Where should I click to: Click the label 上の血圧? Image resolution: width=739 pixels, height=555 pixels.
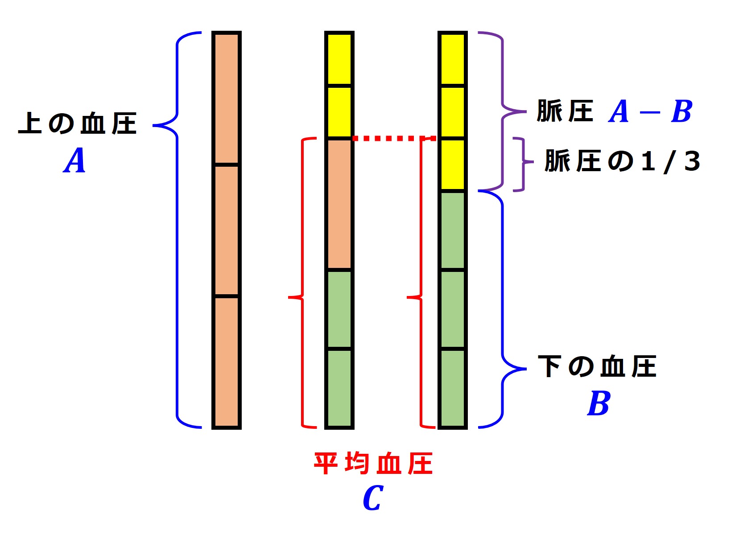[77, 124]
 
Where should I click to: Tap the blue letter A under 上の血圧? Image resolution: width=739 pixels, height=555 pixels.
[74, 161]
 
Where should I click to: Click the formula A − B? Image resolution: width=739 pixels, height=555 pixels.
[650, 111]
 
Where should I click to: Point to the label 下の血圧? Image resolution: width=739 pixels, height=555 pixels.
[597, 367]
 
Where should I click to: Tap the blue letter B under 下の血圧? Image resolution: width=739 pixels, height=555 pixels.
[599, 403]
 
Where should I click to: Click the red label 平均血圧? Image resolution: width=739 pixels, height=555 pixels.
[373, 464]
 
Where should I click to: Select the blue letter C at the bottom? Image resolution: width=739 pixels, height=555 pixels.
[373, 498]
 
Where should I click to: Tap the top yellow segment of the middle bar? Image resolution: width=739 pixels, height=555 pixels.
[339, 59]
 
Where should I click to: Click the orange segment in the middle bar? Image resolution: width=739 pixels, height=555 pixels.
[339, 204]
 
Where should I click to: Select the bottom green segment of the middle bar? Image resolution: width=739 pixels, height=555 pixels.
[339, 388]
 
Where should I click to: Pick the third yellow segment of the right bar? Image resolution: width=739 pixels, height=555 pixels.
[453, 164]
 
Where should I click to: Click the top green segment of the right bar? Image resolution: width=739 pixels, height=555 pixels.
[453, 230]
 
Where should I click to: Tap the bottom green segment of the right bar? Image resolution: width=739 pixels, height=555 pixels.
[453, 388]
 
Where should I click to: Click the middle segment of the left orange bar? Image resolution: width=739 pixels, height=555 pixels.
[227, 230]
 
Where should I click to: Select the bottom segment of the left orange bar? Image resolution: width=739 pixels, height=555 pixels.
[227, 361]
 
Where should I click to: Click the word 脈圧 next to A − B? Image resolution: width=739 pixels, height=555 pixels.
[565, 111]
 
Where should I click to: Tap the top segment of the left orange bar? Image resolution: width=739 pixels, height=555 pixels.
[227, 99]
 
